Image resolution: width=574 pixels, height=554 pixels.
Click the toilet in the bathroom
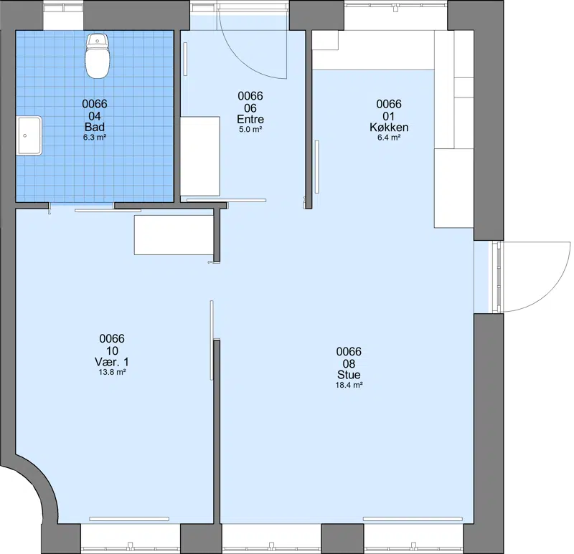point(98,56)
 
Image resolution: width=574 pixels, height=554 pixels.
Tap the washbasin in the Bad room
point(29,135)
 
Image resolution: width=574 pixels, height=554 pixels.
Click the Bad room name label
point(95,127)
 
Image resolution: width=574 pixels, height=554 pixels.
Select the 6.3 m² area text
point(95,138)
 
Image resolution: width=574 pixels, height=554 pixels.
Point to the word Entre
point(250,119)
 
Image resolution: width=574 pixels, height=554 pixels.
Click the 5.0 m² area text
point(250,129)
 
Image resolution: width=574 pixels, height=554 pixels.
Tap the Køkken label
point(389,128)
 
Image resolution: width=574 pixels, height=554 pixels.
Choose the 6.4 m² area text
point(389,138)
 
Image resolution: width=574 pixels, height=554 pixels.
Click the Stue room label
point(349,375)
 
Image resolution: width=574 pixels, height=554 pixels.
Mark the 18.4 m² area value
point(349,385)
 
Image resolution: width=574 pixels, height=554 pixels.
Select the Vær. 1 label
point(112,362)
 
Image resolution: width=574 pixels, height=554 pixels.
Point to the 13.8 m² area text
point(112,372)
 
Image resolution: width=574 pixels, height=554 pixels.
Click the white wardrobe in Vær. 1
point(174,235)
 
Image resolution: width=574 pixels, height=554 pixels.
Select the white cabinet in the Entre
point(200,156)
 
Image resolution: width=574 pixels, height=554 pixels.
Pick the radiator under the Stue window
point(413,519)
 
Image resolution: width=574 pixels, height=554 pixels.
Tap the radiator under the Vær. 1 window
point(129,519)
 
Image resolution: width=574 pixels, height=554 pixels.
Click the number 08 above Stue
point(349,364)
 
